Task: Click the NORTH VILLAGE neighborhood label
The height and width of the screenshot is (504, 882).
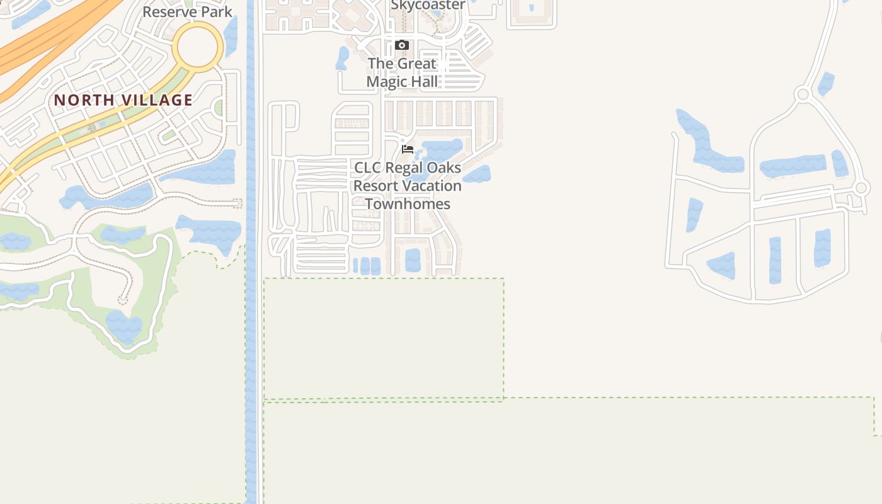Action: [x=123, y=100]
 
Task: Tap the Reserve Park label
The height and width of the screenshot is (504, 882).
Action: [x=187, y=11]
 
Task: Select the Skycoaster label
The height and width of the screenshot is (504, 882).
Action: [x=428, y=5]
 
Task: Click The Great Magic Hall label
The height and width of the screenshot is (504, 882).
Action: [x=402, y=72]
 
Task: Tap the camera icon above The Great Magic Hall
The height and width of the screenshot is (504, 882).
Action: [x=402, y=45]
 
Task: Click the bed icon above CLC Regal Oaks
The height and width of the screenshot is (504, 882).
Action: [x=408, y=149]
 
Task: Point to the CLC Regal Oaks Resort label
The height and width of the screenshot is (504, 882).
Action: [x=408, y=186]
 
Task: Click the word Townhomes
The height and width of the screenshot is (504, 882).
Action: [x=408, y=204]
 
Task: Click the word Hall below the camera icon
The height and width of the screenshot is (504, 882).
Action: [x=425, y=81]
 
